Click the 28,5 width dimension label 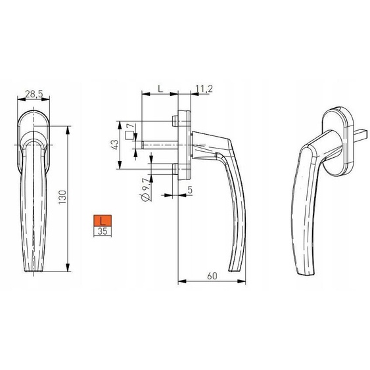34,94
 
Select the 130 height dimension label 63,197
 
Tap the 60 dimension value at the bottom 212,276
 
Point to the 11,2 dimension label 204,89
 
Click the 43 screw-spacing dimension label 114,145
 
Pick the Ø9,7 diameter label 146,190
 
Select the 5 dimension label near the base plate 190,190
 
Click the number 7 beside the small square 134,126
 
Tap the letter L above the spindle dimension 160,89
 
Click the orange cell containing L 103,221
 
